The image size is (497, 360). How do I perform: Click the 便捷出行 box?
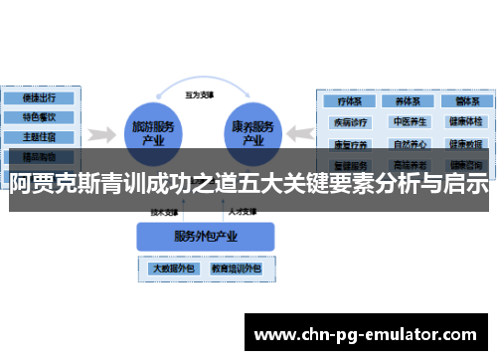click(39, 98)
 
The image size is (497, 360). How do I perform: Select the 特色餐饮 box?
click(39, 117)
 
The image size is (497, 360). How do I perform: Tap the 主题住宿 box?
click(39, 136)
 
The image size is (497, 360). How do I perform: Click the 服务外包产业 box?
click(203, 236)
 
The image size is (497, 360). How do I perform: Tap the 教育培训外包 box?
click(235, 269)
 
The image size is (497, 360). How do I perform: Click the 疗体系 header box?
click(350, 100)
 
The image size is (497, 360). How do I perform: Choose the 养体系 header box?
click(408, 100)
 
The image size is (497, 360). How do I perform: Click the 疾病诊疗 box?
click(350, 122)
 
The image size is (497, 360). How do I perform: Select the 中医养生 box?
click(408, 122)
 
